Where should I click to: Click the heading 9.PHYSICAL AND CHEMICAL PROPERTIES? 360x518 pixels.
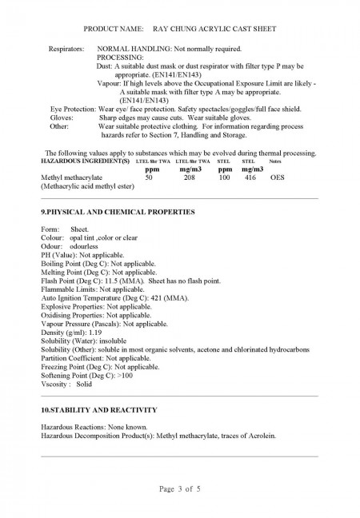(117, 211)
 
